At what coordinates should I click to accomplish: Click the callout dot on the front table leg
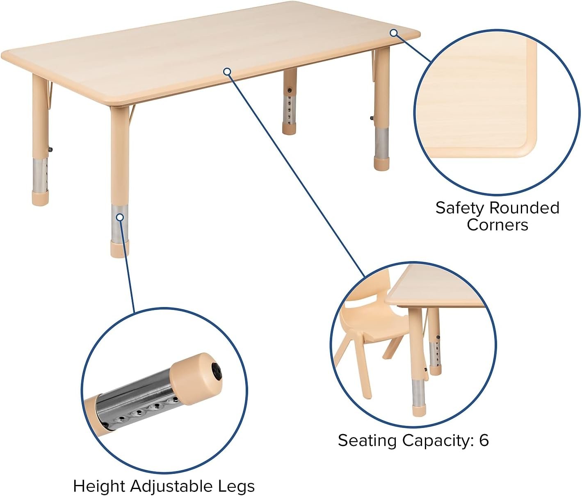point(120,217)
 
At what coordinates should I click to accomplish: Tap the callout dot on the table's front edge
point(227,72)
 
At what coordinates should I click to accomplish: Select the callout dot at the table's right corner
point(394,33)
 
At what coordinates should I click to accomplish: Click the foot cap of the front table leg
point(120,249)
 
